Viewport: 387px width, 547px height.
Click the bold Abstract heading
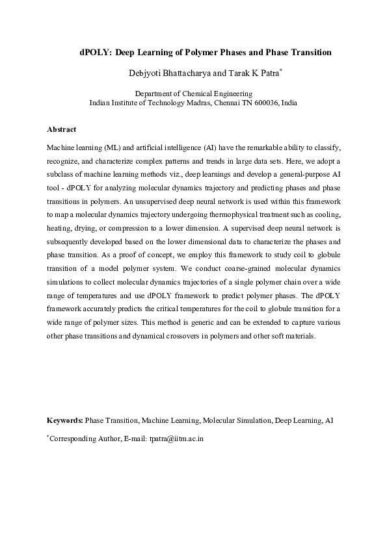coord(62,129)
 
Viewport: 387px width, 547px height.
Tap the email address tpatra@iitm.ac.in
coord(177,439)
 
